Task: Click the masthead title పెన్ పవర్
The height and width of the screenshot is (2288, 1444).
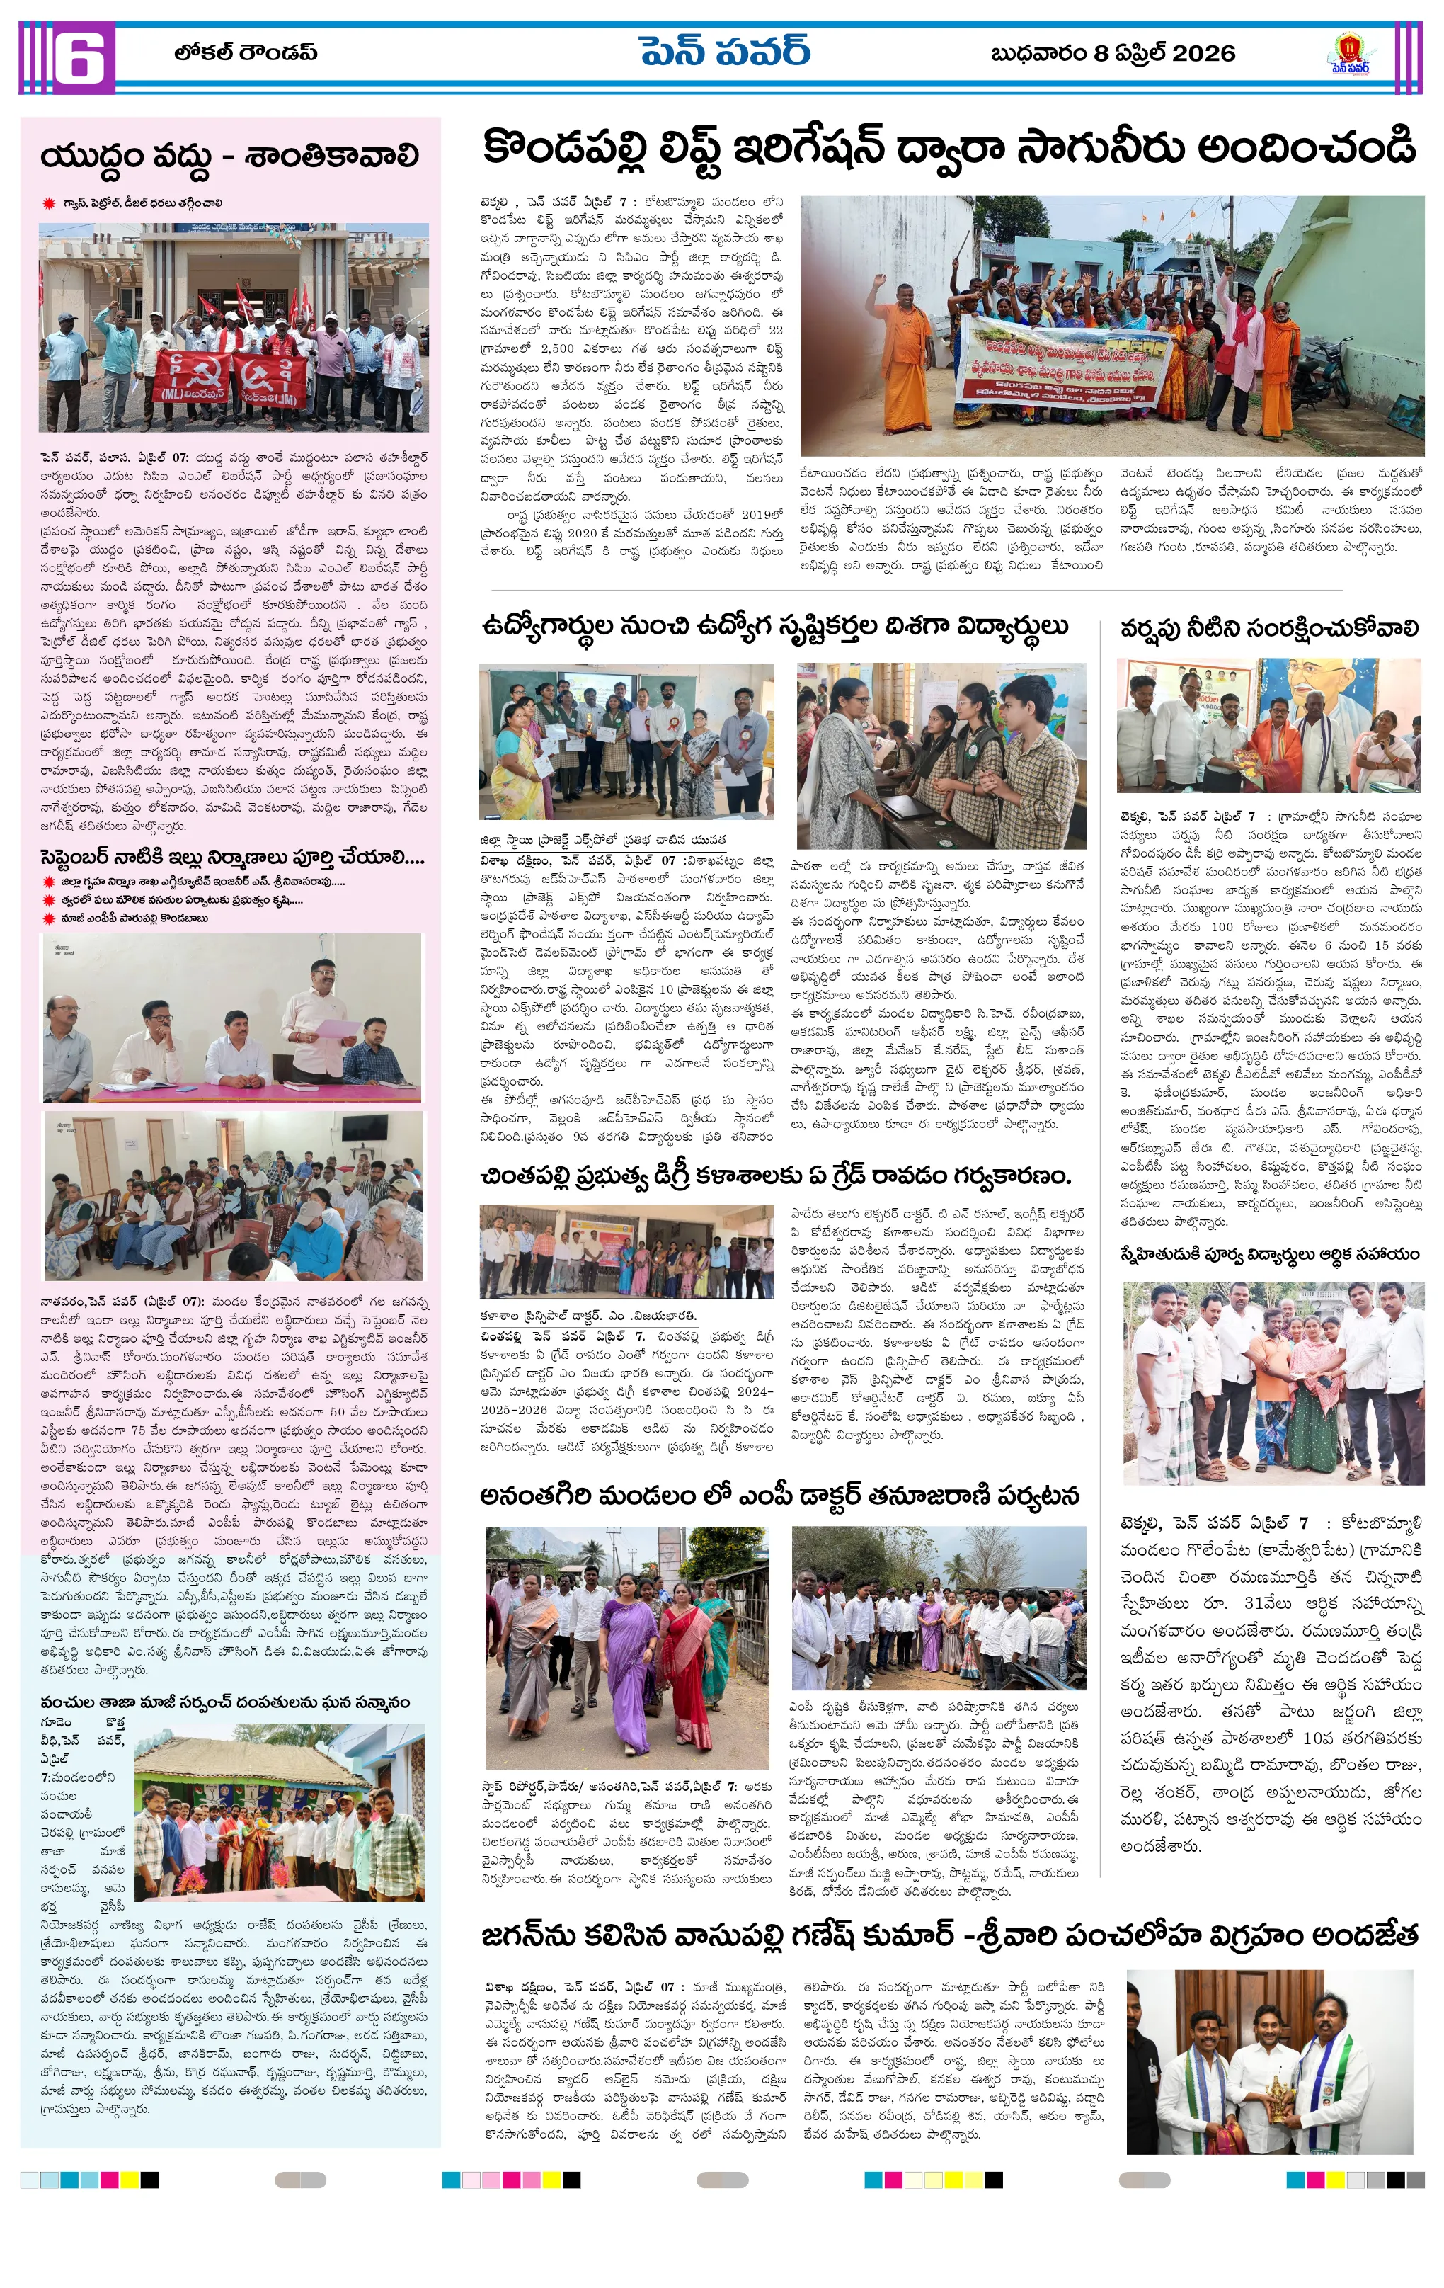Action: point(724,53)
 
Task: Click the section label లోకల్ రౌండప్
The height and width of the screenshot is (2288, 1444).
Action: point(245,53)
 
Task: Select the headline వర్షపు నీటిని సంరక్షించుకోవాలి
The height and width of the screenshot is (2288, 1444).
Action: point(1269,629)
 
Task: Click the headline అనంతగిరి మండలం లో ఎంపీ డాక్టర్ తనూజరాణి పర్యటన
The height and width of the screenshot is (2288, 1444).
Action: point(779,1496)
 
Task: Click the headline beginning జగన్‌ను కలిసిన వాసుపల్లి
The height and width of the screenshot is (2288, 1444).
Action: point(949,1934)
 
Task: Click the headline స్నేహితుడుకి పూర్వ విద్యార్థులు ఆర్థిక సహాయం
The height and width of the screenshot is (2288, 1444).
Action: point(1269,1254)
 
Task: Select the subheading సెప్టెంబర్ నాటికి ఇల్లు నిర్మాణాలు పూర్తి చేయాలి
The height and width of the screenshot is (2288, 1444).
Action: point(231,858)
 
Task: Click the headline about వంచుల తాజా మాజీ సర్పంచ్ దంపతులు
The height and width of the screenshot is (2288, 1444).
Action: point(225,1701)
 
